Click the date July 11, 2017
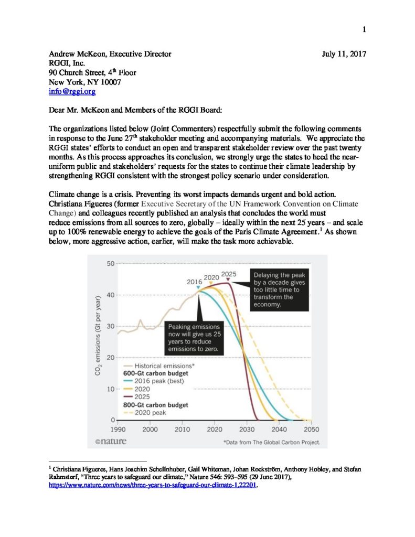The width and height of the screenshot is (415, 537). click(x=344, y=53)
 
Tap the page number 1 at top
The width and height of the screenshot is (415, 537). click(x=364, y=29)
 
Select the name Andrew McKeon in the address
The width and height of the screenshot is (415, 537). click(x=75, y=53)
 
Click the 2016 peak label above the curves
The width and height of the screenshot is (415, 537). click(x=195, y=282)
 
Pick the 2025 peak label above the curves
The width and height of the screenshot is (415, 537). click(x=229, y=274)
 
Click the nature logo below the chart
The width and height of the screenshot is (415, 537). click(x=110, y=442)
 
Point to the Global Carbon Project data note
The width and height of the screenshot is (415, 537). click(x=272, y=442)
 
